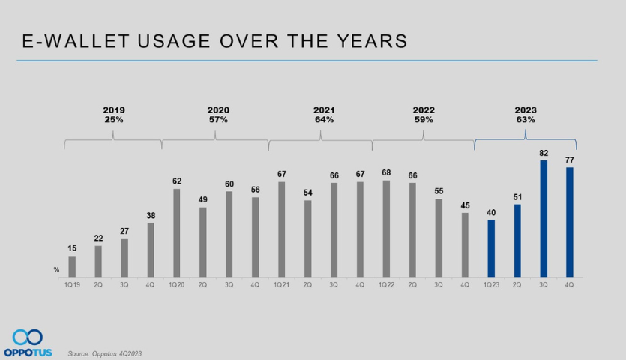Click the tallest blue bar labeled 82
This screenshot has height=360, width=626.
[x=544, y=218]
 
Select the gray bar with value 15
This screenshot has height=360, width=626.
[x=72, y=266]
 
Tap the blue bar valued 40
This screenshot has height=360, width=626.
[x=491, y=248]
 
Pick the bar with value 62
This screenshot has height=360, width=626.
[x=177, y=232]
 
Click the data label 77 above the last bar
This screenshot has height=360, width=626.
[x=570, y=160]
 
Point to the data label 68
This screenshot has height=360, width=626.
[x=386, y=173]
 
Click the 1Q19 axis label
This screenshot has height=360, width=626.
[x=72, y=285]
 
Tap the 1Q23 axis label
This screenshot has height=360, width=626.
[x=491, y=285]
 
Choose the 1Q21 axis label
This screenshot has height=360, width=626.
[x=281, y=285]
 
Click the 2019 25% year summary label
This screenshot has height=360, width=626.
[x=114, y=115]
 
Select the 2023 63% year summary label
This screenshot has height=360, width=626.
[x=526, y=115]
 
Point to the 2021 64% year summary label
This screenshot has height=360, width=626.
[x=323, y=115]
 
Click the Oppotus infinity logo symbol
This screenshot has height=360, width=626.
[x=28, y=337]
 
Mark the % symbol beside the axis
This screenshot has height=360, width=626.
[x=56, y=269]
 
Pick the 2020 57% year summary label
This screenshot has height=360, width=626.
[x=218, y=115]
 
